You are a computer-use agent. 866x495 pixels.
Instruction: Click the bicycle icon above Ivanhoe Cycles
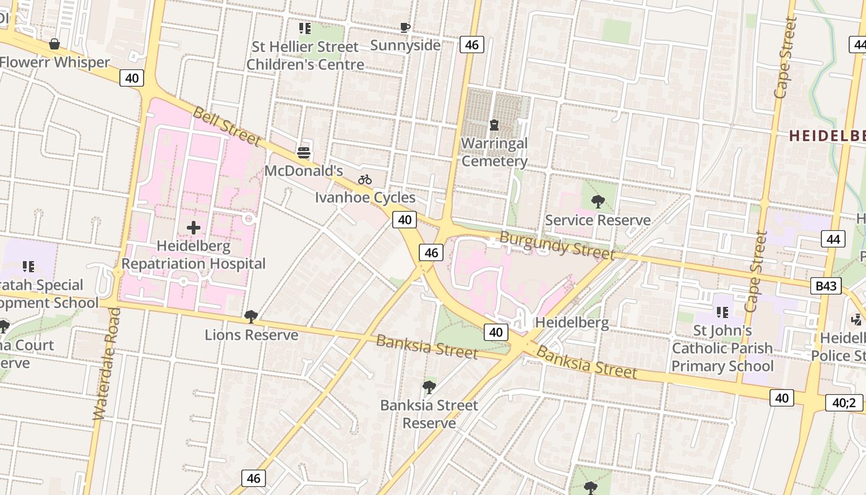pos(365,179)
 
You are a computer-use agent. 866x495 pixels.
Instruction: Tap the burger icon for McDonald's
pos(304,152)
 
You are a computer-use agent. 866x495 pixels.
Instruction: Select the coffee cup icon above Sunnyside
pos(405,27)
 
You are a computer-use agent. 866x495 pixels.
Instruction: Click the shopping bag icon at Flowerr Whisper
pos(54,44)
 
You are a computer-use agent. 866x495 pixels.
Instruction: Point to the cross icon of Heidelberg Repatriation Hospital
pos(194,228)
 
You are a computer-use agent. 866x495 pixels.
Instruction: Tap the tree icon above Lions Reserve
pos(251,317)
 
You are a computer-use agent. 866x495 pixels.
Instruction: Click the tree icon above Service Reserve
pos(598,202)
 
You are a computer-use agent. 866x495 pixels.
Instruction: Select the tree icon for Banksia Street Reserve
pos(429,387)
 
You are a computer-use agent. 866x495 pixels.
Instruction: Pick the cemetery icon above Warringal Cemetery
pos(494,125)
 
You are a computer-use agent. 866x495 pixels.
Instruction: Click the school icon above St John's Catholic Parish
pos(722,312)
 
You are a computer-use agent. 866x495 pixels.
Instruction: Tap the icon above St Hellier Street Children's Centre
pos(305,28)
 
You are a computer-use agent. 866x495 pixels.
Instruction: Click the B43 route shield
pos(826,285)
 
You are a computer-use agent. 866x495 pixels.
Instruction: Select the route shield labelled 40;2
pos(844,403)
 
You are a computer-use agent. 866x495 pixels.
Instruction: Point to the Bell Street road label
pos(227,126)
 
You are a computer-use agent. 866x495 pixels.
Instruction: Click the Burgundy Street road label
pos(557,246)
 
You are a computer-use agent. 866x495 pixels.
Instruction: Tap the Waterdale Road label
pos(106,365)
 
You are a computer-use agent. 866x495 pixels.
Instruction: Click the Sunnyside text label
pos(405,45)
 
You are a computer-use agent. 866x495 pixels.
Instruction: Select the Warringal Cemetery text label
pos(494,152)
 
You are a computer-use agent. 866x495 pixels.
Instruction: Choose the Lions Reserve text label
pos(251,335)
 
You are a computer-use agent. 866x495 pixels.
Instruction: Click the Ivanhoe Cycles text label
pos(365,197)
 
